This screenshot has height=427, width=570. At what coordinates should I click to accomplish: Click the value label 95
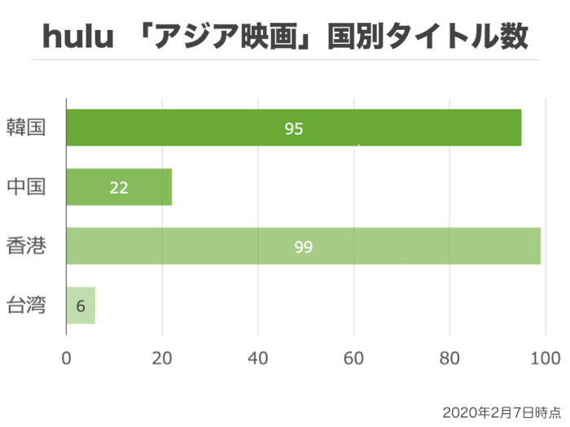[294, 129]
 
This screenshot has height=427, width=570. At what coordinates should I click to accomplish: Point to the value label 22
[119, 188]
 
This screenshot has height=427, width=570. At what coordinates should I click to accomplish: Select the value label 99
[304, 246]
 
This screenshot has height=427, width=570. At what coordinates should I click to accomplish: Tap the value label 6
[80, 307]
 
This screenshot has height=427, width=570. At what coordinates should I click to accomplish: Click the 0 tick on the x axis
[66, 357]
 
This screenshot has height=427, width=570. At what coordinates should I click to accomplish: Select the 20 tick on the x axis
[162, 357]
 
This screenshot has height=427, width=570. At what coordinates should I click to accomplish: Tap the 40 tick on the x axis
[258, 357]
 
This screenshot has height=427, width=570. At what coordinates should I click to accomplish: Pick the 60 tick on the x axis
[353, 357]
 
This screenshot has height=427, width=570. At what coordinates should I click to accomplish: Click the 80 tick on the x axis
[449, 357]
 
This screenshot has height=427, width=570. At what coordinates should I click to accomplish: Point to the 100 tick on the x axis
[544, 357]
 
